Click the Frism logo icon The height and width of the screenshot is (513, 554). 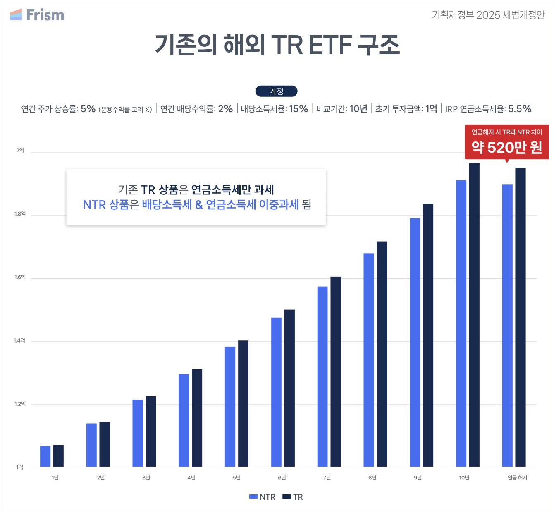coord(16,14)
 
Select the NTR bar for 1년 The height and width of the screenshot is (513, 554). coord(45,456)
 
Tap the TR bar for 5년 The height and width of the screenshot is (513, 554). coord(243,403)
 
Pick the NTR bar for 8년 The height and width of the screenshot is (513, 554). coord(368,360)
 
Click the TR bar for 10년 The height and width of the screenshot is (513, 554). coord(474,315)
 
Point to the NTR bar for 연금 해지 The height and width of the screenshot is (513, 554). coord(507,325)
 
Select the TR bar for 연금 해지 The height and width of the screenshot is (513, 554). coord(521,317)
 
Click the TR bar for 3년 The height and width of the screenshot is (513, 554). coord(151,431)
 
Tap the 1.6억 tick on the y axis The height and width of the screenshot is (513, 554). coord(20,277)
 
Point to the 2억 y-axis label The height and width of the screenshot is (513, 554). coord(20,150)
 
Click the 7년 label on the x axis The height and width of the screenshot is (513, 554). coord(327,477)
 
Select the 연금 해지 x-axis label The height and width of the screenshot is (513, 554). coord(517,477)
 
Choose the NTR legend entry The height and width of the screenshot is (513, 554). coord(262,497)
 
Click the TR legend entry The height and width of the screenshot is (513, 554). coord(293,497)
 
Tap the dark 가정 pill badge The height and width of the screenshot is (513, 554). coord(277,91)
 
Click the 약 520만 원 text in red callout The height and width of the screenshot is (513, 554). coord(506,147)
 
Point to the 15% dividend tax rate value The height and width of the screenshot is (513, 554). coord(298,109)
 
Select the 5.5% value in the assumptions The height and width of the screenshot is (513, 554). coord(520,109)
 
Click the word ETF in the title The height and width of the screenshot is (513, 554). coord(330,45)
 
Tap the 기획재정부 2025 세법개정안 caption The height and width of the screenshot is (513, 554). coord(488,15)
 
